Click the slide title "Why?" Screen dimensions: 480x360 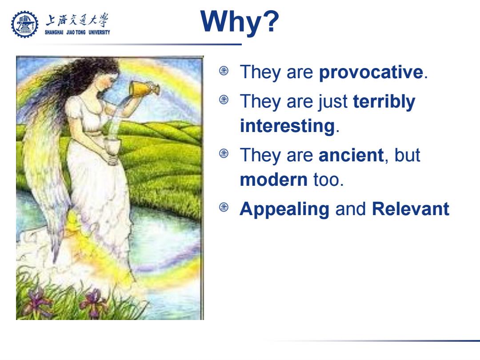click(x=240, y=22)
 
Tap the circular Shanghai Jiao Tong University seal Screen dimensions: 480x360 click(x=25, y=24)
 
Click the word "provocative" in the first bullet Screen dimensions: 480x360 click(x=371, y=73)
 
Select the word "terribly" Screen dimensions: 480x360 click(x=384, y=102)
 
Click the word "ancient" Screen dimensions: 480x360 click(x=351, y=155)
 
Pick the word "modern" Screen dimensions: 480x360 click(x=274, y=180)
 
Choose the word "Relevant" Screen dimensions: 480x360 click(x=411, y=209)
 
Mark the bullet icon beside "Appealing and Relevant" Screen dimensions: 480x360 click(x=224, y=208)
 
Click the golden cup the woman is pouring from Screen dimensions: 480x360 click(x=143, y=88)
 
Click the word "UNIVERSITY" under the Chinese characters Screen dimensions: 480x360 click(x=99, y=32)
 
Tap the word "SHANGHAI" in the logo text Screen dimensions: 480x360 click(x=54, y=32)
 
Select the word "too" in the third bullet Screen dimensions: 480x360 click(x=326, y=180)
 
